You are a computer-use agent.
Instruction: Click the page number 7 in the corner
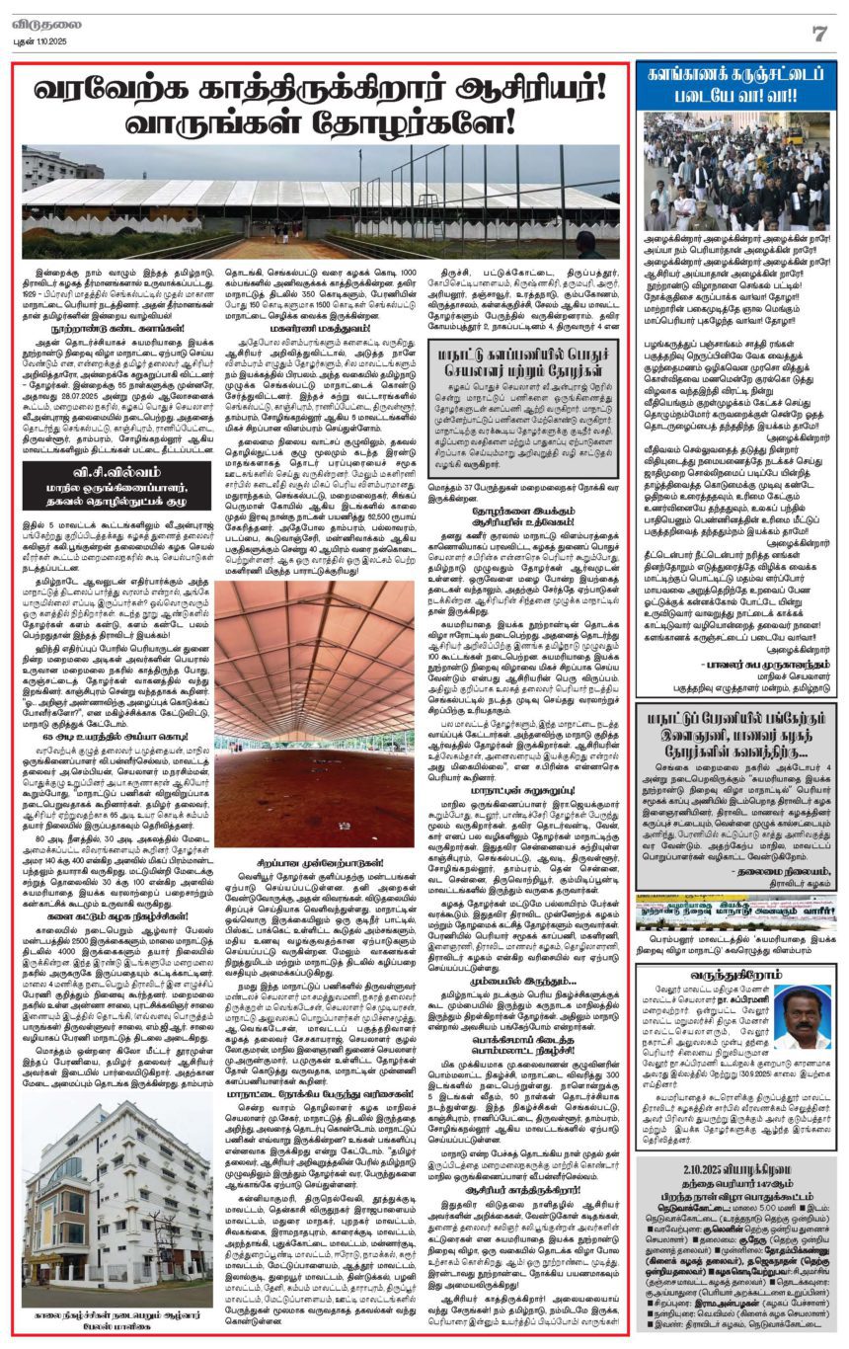818,33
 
